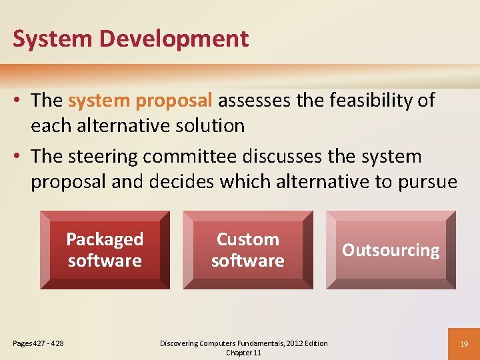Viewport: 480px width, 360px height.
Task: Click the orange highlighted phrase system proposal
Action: click(140, 101)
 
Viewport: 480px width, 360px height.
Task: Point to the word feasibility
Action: click(357, 101)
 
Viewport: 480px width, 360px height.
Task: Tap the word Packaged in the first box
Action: click(105, 239)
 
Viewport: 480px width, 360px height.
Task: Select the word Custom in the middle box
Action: click(248, 239)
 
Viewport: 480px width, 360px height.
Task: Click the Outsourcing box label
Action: click(391, 250)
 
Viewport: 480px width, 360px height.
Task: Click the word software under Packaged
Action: click(105, 261)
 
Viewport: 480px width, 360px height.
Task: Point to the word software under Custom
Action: click(248, 261)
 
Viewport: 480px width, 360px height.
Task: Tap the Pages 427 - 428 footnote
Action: click(39, 343)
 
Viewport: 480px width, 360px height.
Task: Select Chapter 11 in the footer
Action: click(244, 353)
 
